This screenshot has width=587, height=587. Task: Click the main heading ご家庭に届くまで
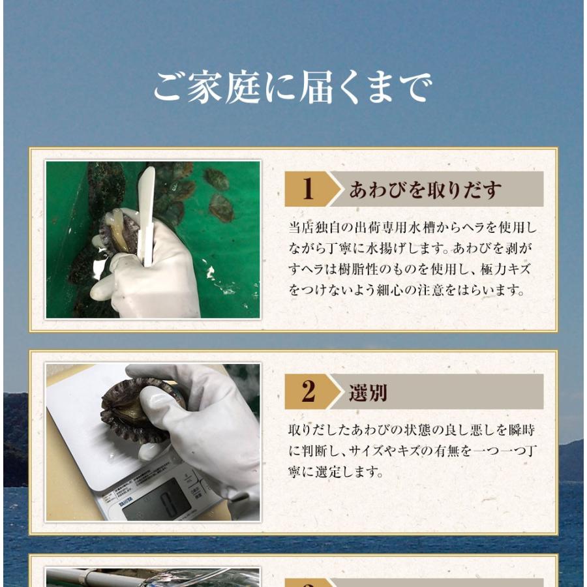tap(293, 87)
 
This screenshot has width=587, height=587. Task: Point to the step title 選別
tap(368, 393)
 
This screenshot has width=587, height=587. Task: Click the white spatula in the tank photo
tap(146, 216)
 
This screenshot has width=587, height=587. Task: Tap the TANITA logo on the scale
tap(126, 502)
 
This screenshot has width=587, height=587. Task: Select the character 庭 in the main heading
tap(243, 87)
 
